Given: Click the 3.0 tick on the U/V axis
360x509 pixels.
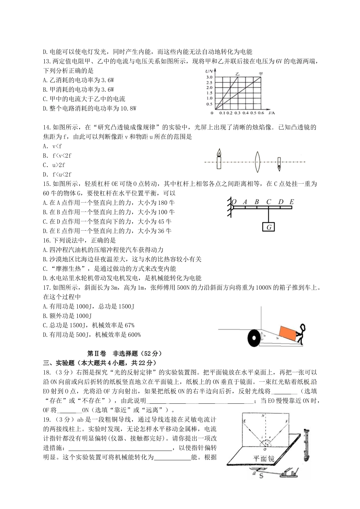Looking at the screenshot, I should (x=209, y=77).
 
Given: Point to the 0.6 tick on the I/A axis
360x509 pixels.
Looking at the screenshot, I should (x=261, y=113).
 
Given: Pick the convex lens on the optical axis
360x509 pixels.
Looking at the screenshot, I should (x=258, y=162).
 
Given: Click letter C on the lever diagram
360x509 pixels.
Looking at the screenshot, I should (x=268, y=202).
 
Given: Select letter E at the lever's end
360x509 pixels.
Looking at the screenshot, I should (x=291, y=202).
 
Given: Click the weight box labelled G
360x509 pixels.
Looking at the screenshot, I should (x=268, y=227).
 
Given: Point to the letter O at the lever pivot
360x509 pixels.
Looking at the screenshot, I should (x=234, y=202).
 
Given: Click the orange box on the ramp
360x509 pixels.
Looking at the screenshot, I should (x=288, y=333).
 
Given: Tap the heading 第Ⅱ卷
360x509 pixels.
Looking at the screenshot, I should (x=95, y=353).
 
